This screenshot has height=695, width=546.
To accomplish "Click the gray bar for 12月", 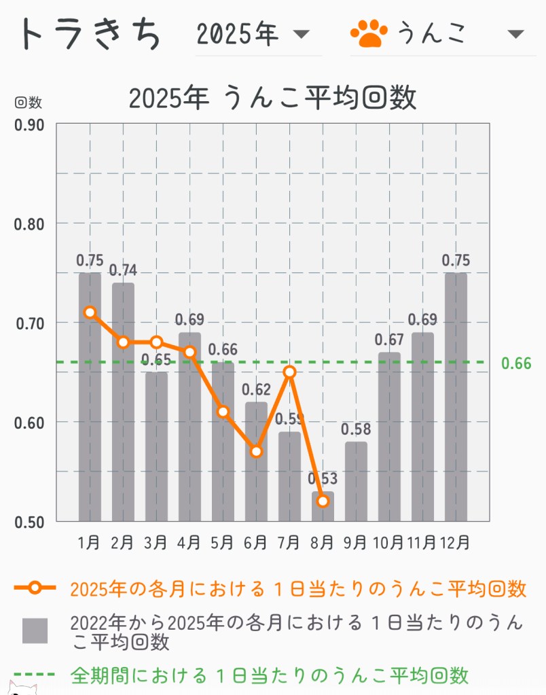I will (456, 397).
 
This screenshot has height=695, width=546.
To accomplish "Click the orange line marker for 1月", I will (90, 313).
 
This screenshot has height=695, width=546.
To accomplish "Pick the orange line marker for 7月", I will (289, 372).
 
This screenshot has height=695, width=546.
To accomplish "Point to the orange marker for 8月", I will (323, 501).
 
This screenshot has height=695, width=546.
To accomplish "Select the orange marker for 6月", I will (256, 451).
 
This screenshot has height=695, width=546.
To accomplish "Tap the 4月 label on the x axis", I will (189, 543).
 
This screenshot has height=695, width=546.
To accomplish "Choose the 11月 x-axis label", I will (422, 543).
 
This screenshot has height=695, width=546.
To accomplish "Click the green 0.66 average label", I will (516, 363).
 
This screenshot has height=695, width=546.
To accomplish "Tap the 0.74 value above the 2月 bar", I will (123, 270).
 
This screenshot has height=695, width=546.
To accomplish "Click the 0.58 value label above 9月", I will (356, 430).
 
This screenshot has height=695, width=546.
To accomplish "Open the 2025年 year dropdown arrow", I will (300, 34).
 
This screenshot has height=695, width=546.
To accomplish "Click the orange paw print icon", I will (369, 33).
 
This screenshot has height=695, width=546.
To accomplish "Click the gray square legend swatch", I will (35, 630).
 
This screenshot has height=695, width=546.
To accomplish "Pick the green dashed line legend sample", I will (34, 675).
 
